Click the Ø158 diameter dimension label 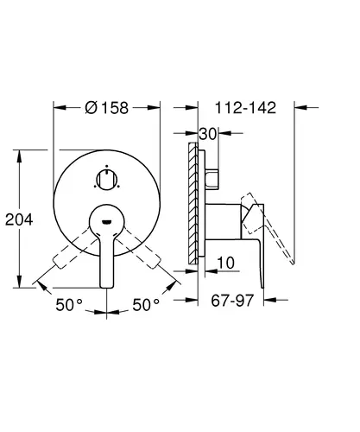tap(106, 108)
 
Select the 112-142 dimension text tap(245, 108)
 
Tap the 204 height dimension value tap(19, 219)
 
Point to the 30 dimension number tap(207, 134)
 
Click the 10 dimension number tap(225, 263)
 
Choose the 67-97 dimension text tap(232, 301)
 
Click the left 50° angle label tap(69, 305)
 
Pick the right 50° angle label tap(146, 305)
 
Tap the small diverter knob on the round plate tap(106, 180)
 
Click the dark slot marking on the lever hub tap(106, 222)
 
